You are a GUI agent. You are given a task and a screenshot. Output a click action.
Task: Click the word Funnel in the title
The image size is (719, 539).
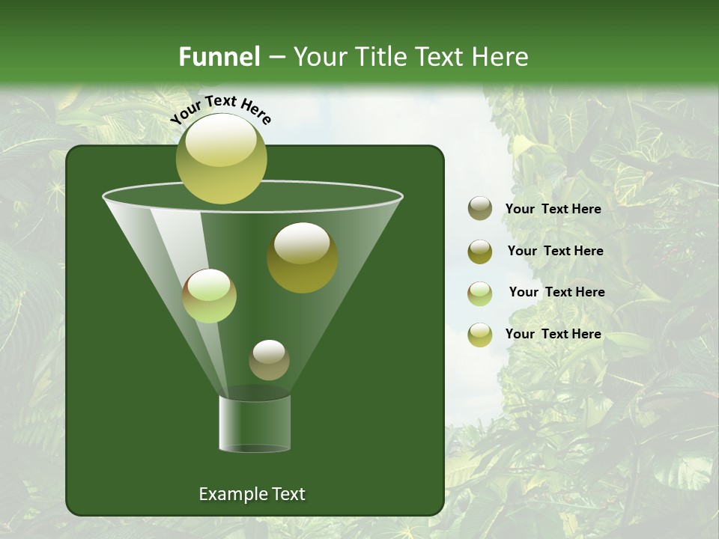coord(219,57)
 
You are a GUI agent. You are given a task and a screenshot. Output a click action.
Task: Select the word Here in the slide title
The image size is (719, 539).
coord(501,57)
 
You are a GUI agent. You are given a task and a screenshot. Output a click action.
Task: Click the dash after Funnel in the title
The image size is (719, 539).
coord(276,58)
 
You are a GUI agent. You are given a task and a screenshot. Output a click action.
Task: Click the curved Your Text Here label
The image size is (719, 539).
coord(221,109)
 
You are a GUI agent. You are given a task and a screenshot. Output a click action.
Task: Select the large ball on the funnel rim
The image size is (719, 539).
coord(221,159)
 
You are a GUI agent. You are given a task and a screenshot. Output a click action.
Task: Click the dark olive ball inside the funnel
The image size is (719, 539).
coord(302,258)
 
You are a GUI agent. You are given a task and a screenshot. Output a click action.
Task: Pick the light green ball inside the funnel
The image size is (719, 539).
coord(209,296)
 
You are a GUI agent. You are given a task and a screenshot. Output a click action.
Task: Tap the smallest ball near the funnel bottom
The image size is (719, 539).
coord(269,359)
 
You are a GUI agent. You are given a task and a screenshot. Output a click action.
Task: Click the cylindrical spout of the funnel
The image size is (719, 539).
coord(255,423)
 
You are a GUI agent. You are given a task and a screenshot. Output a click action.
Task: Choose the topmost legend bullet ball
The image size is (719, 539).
coord(479,208)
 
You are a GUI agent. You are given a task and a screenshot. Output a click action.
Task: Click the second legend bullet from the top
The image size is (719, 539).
coord(479,251)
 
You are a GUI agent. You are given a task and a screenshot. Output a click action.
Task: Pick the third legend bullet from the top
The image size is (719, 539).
coord(479,293)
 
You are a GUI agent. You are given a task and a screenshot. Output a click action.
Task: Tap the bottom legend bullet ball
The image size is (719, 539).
coord(479,334)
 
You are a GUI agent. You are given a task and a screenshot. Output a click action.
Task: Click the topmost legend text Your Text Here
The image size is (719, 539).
coord(553,209)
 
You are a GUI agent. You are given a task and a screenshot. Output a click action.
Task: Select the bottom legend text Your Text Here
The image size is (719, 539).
coord(553,334)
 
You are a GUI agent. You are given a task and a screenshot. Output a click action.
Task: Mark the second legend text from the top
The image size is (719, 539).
coord(555,251)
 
